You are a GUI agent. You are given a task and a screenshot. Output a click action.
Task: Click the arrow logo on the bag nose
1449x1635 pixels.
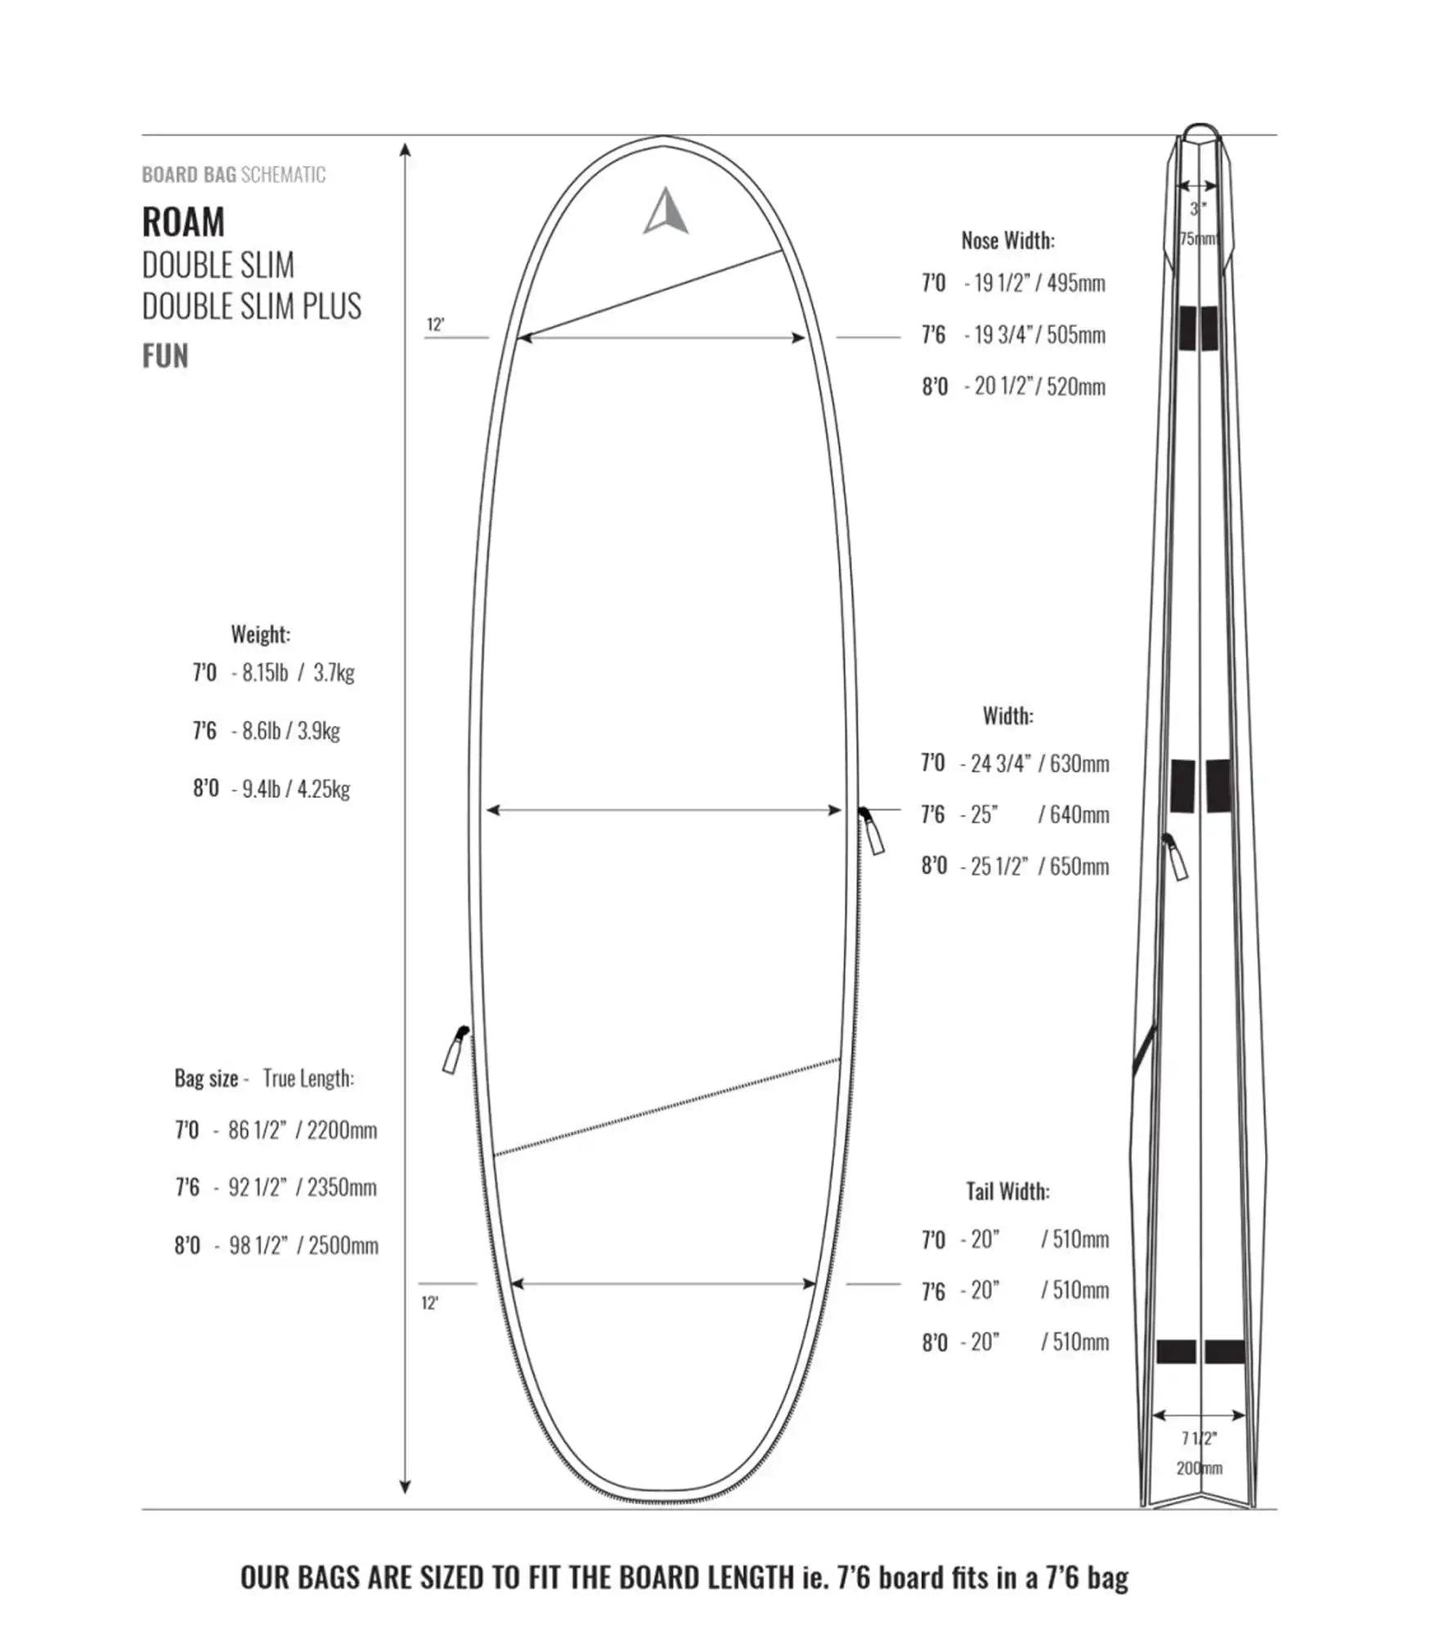click(666, 213)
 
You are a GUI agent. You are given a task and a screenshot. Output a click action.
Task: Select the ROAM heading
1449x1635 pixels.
click(183, 222)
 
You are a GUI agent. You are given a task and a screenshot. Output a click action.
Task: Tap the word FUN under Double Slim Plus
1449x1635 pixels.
click(165, 356)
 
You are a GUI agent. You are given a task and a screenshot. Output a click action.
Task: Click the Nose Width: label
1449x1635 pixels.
click(1007, 240)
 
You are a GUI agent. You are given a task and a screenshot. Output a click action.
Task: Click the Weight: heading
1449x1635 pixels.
click(260, 634)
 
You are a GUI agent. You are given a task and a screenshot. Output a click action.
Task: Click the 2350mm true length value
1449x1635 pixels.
click(342, 1187)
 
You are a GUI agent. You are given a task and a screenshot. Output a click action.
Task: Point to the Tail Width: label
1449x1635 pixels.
click(1007, 1191)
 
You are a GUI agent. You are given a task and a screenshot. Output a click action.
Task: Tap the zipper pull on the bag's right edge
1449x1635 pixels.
click(872, 831)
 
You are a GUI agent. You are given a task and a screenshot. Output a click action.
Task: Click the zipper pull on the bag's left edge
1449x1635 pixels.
click(455, 1050)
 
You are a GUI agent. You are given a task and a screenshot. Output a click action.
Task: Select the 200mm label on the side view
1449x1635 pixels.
click(1199, 1468)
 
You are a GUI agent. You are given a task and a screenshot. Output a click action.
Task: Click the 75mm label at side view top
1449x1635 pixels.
click(1198, 239)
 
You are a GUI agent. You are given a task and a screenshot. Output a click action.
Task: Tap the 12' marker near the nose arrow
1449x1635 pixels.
click(435, 325)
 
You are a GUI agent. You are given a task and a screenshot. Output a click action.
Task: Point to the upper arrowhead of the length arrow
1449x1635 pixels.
click(406, 150)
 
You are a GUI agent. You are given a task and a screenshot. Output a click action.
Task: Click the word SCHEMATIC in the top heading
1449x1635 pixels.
click(283, 175)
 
